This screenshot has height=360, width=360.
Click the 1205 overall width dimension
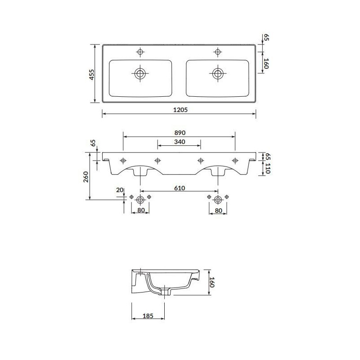(179, 110)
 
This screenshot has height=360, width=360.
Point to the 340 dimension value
(179, 142)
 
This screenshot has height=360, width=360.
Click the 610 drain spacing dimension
(179, 188)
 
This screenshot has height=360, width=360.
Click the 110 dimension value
(267, 169)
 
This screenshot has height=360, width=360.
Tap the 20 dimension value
(119, 190)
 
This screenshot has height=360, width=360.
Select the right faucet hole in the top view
(218, 52)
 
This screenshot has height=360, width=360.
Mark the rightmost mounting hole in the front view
(235, 160)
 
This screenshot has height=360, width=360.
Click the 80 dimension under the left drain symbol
(140, 210)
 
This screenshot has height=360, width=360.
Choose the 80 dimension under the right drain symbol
(218, 210)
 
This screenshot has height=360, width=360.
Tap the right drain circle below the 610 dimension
(218, 198)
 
